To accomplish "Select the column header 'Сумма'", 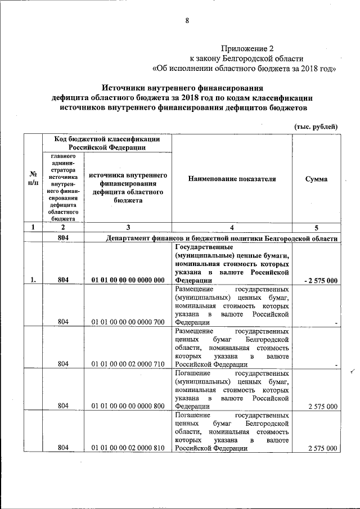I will coord(316,179).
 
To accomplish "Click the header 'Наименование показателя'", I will coord(232,179).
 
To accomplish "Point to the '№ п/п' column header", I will coord(33,179).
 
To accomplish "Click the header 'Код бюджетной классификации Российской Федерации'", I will coord(106,143).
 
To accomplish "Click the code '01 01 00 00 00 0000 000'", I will coord(128,280).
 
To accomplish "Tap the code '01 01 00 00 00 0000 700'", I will coord(128,322).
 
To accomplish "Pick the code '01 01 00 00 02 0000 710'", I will coord(128,364).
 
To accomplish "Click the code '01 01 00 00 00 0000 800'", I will coord(128,406).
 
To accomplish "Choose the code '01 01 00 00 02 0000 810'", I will coord(128,448).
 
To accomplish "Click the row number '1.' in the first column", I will coord(33,280).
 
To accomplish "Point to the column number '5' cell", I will coord(316,228).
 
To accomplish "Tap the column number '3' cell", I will coord(128,228).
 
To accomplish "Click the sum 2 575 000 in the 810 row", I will coord(323,448).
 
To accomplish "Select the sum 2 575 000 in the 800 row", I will coord(323,406).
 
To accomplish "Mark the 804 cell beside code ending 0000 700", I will coord(63,322).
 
